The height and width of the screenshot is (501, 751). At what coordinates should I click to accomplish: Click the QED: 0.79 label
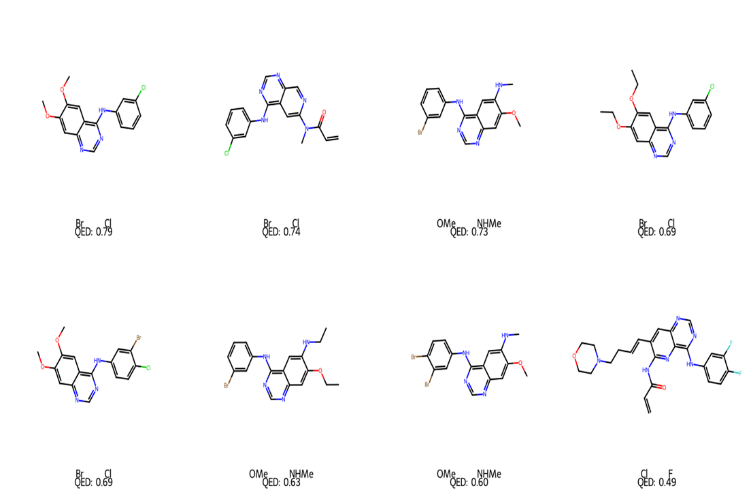pos(93,232)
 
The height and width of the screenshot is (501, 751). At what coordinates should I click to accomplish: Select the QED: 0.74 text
pos(281,232)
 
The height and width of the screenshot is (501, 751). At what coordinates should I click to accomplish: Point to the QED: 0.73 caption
pos(469,232)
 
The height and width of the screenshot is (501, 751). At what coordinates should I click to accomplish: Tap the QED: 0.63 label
pos(281,483)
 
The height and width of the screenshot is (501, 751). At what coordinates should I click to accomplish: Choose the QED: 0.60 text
pos(469,483)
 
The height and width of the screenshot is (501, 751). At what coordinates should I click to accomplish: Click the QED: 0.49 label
pos(656,483)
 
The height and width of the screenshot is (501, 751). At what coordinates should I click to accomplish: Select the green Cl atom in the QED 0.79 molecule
pos(143,88)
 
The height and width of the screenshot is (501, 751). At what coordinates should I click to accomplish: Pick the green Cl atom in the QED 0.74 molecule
pos(227,154)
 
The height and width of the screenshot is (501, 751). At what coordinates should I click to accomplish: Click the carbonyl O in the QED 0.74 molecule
pos(324,112)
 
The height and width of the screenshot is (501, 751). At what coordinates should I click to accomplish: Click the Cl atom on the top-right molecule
pos(712,87)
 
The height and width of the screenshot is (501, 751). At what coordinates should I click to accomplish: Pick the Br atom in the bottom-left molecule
pos(138,338)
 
